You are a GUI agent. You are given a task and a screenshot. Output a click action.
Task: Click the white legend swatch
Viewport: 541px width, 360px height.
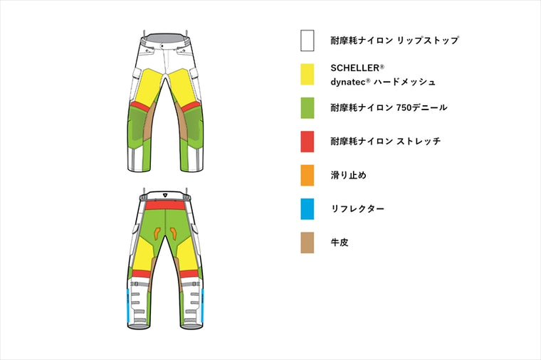(307, 41)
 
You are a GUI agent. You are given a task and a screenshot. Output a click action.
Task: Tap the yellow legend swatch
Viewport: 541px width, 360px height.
(307, 74)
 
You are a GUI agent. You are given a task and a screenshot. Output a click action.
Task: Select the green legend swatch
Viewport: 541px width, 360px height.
(307, 108)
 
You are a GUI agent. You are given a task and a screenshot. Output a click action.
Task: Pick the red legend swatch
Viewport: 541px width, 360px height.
(307, 142)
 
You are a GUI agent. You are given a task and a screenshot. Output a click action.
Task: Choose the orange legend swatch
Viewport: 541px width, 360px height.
(307, 175)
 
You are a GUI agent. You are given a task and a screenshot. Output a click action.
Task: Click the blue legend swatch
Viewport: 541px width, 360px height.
(307, 208)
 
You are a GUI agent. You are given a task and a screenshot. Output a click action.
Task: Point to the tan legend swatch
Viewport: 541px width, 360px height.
(307, 243)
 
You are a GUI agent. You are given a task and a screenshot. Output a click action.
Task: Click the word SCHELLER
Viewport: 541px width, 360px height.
(355, 68)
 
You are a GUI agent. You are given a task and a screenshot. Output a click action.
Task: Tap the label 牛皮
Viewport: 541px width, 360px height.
(340, 243)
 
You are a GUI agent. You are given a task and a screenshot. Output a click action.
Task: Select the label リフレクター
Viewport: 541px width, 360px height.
(357, 209)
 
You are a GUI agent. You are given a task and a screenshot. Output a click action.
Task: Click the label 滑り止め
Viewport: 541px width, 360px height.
(349, 175)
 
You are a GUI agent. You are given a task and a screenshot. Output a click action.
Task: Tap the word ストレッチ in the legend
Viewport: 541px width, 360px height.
(419, 142)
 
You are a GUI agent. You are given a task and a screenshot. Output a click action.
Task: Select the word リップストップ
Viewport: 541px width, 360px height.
(428, 41)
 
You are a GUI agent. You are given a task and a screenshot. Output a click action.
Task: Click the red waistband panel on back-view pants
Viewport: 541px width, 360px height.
(165, 206)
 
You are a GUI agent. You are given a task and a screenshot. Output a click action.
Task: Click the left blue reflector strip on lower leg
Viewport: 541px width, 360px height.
(128, 305)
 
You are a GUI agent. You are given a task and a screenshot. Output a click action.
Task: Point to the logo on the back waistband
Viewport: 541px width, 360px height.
(165, 195)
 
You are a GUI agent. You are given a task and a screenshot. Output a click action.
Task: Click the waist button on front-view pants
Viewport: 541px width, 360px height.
(161, 45)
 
